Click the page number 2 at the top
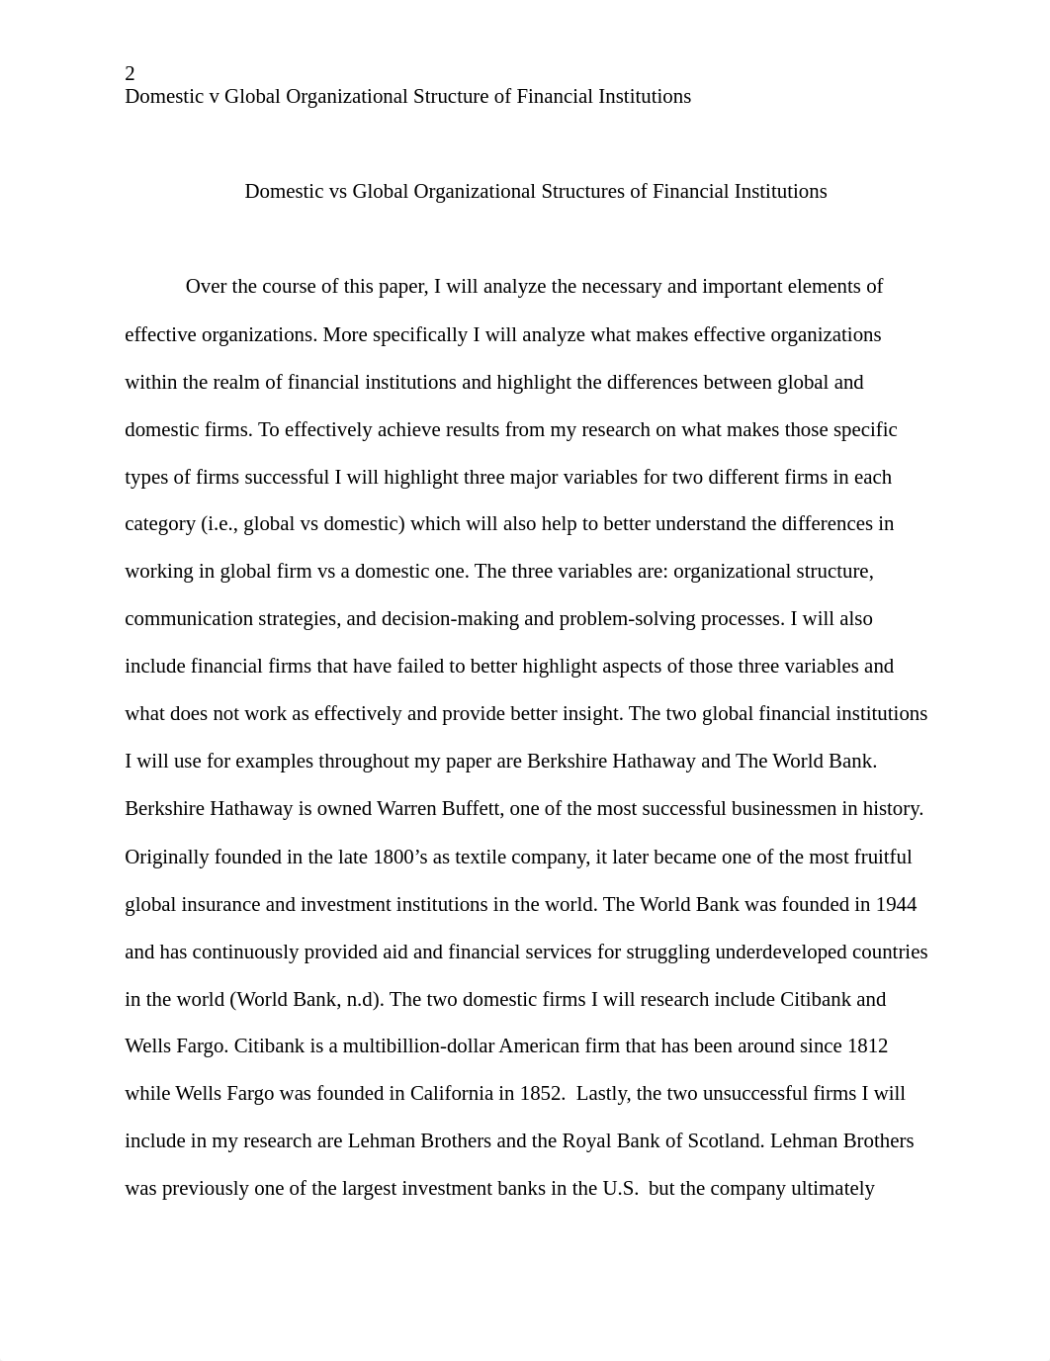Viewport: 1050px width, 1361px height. pos(130,73)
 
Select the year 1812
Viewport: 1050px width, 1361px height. pos(867,1046)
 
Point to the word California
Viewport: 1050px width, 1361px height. pos(446,1094)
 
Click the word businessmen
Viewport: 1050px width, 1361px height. pos(781,809)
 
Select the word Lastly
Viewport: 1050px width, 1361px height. pos(603,1094)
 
